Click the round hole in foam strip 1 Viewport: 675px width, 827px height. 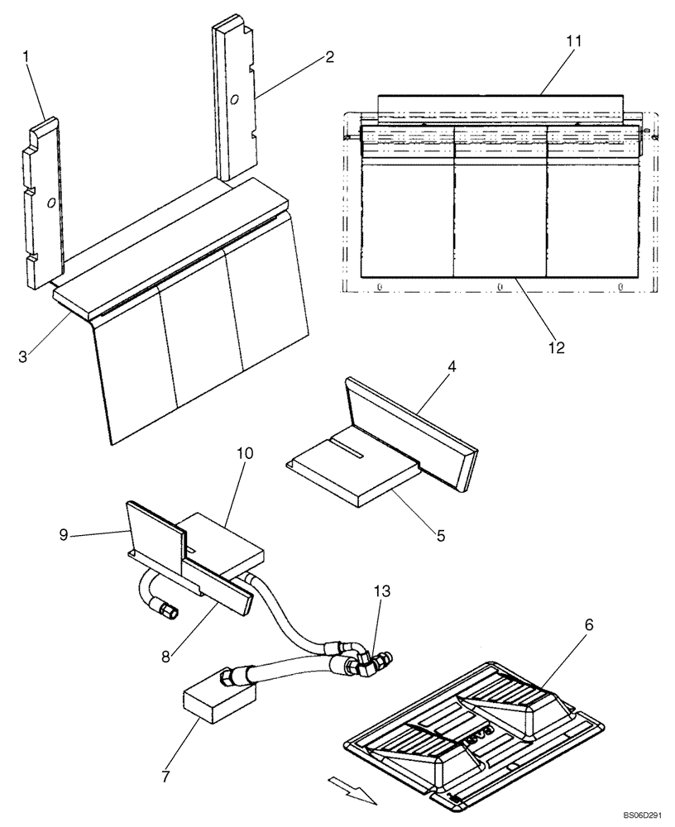pos(51,202)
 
